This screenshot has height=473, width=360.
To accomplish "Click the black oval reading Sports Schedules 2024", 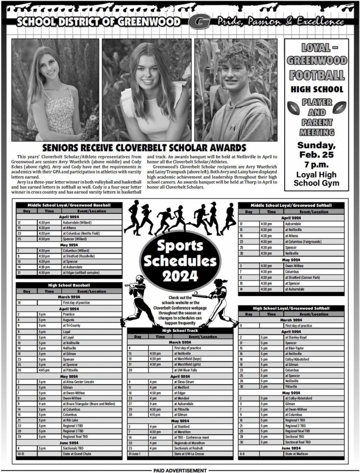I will click(x=179, y=260).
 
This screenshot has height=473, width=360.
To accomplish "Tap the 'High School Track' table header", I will click(x=180, y=331).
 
